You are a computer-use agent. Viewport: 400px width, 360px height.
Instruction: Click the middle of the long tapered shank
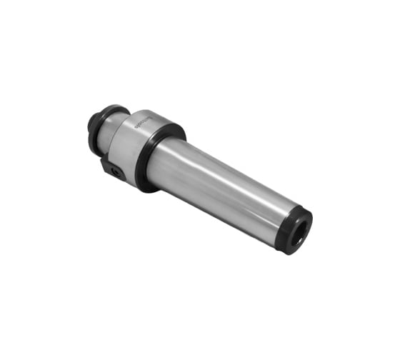tap(221, 189)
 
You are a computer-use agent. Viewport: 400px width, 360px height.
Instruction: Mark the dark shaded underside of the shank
tap(214, 207)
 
